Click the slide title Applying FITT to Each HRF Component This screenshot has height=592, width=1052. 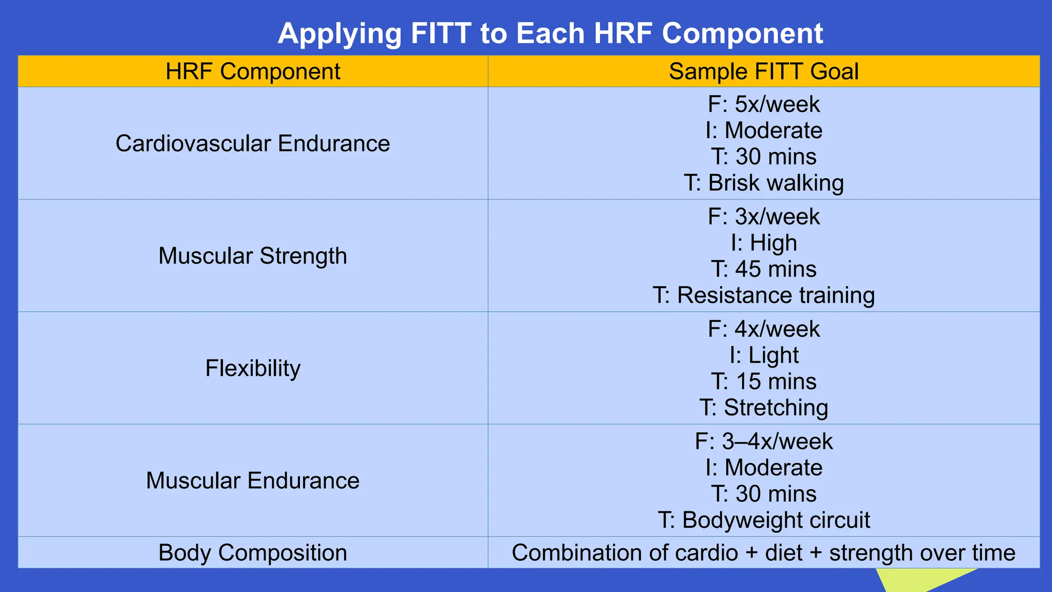(x=550, y=33)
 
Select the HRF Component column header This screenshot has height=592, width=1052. (x=253, y=71)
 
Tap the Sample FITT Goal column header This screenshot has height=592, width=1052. (x=763, y=71)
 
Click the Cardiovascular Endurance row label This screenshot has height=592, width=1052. (x=253, y=143)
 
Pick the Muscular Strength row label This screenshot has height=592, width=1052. (x=253, y=256)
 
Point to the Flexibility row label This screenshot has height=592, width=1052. (x=253, y=368)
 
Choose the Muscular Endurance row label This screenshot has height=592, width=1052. (x=253, y=480)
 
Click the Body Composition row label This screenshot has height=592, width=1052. (x=253, y=553)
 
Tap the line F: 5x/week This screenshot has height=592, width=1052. (x=763, y=104)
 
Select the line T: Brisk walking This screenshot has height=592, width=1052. (x=763, y=183)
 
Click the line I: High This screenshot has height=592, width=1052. (x=763, y=243)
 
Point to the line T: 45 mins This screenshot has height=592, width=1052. (x=763, y=269)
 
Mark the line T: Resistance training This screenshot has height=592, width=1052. (x=763, y=295)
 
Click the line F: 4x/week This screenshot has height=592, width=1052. (x=763, y=329)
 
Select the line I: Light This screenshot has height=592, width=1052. (x=763, y=356)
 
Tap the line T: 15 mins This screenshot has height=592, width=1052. (x=763, y=382)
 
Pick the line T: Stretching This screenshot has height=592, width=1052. (x=763, y=408)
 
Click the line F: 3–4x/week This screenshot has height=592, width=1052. (x=763, y=442)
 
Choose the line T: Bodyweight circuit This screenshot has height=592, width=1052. (x=763, y=521)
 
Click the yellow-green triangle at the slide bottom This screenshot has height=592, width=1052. (x=909, y=579)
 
